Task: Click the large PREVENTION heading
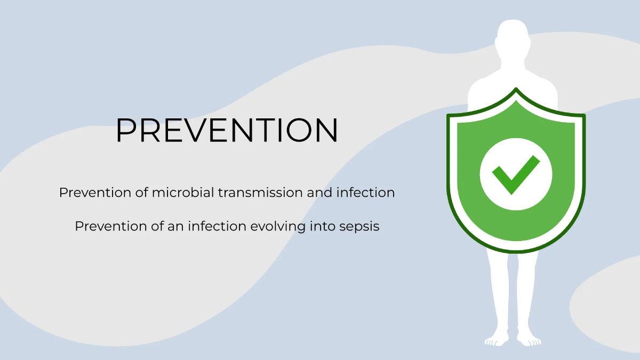227,130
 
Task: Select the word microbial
183,193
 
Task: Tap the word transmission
260,193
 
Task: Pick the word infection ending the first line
365,193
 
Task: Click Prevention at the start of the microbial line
95,193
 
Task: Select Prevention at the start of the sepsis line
111,226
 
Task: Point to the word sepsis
359,227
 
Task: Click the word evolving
278,227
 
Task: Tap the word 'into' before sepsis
323,226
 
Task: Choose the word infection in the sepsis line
217,226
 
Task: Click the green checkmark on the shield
516,175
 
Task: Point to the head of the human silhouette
513,37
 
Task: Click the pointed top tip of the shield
516,88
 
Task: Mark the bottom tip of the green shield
516,253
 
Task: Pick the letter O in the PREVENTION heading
299,130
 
